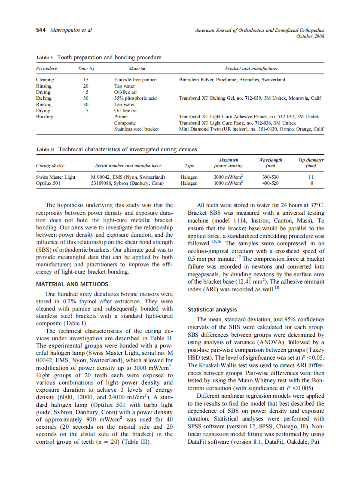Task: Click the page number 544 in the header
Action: pos(41,30)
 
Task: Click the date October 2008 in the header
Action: pos(310,36)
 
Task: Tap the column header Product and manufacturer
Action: pos(251,68)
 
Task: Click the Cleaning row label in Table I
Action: pos(45,79)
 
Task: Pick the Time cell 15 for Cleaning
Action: pos(86,79)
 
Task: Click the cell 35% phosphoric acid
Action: pos(135,98)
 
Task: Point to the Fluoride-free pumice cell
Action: pos(135,79)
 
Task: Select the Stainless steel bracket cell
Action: pos(136,129)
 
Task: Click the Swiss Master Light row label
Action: pos(56,177)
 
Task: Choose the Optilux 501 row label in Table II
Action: pos(48,183)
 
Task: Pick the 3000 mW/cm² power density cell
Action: pos(228,177)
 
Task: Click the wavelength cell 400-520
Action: pos(270,183)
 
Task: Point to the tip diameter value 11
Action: pos(311,177)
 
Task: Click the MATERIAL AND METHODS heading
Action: pos(72,284)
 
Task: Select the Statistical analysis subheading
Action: pos(212,309)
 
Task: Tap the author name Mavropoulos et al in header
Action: pos(71,30)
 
